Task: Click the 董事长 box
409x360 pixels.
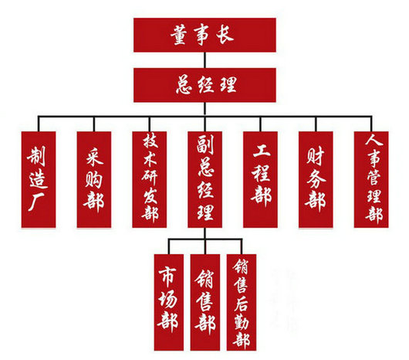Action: [204, 35]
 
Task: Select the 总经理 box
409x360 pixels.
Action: [204, 85]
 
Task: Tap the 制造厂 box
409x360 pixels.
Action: [39, 179]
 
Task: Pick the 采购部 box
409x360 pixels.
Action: [94, 179]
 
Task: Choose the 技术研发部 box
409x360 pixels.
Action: [150, 179]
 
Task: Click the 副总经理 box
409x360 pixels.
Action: [205, 179]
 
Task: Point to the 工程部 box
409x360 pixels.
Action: [260, 179]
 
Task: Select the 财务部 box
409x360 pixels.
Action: [316, 179]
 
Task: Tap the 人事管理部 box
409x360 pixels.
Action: [371, 179]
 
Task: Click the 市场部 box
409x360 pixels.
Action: [169, 302]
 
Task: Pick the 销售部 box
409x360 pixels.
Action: [205, 302]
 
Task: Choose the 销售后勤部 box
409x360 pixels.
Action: [242, 302]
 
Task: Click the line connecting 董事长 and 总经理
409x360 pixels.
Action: [204, 60]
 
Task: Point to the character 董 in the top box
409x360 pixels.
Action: [179, 36]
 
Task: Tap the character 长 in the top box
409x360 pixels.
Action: [225, 35]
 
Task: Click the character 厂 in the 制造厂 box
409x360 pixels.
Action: [36, 202]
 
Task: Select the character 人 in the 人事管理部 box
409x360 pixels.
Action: [374, 140]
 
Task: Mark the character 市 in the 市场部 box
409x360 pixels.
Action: [167, 276]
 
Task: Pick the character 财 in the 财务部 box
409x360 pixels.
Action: [316, 156]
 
